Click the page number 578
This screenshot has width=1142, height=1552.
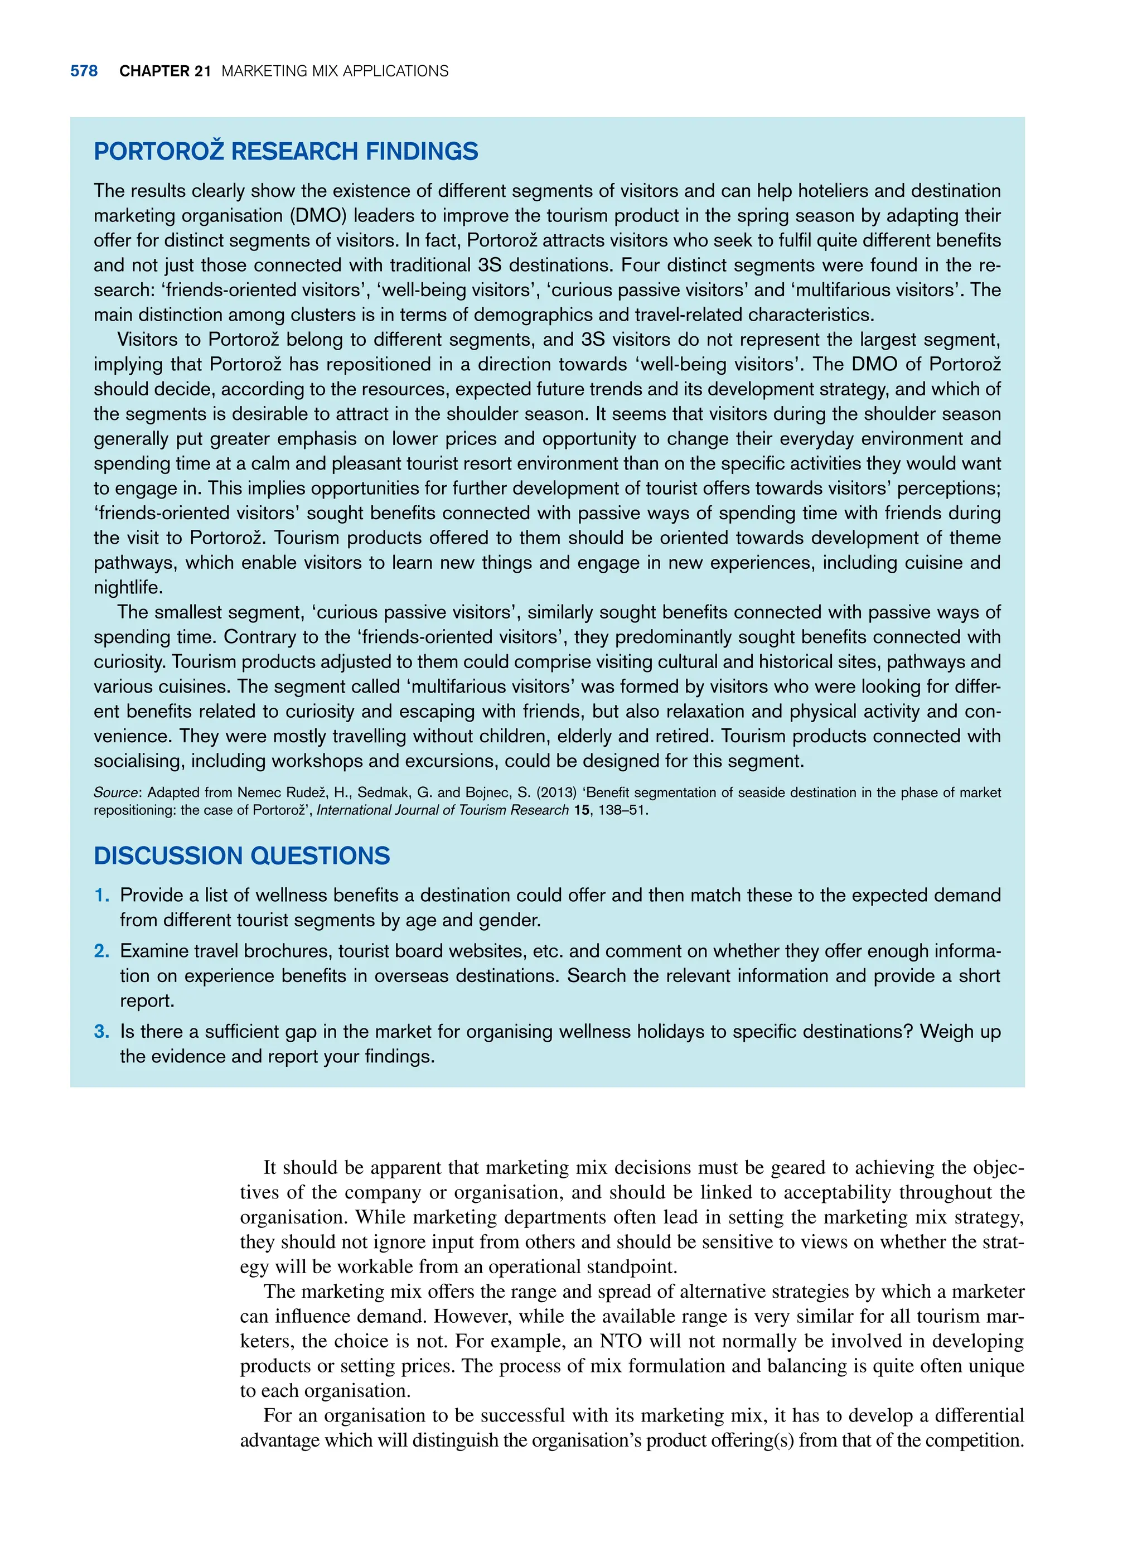point(84,71)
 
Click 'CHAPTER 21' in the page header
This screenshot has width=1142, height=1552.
point(164,71)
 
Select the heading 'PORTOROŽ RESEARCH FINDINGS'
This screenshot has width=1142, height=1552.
point(285,151)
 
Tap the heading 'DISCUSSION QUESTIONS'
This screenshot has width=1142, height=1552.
point(241,856)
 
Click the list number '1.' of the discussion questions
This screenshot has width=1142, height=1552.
point(101,895)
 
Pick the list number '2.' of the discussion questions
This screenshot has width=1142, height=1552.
point(101,951)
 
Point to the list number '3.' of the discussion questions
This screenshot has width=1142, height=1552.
point(101,1032)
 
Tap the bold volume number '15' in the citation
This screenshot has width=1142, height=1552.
point(582,810)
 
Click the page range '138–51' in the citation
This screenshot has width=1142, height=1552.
point(622,810)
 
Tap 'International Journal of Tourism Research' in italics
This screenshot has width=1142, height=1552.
point(442,810)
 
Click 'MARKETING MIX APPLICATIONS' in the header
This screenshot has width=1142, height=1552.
point(335,71)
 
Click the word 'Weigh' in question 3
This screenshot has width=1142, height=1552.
point(946,1032)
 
